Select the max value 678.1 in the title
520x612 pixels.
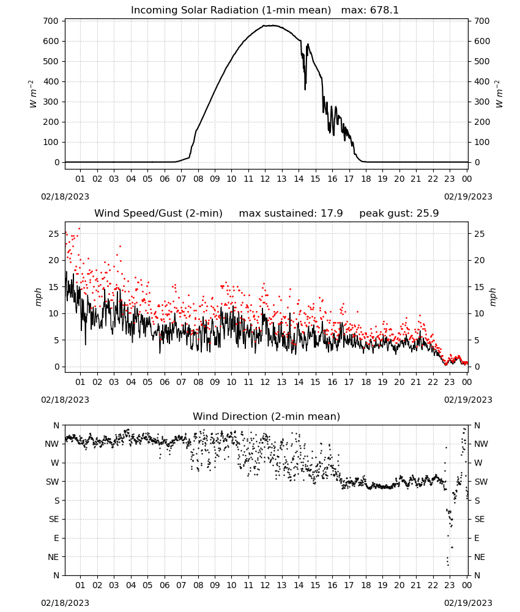[x=384, y=10]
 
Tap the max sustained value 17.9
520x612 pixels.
[x=332, y=213]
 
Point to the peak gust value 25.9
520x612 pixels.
[x=428, y=213]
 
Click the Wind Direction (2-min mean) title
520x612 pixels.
[x=267, y=416]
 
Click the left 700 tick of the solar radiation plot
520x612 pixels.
[x=51, y=21]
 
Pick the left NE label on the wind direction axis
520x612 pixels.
[x=53, y=557]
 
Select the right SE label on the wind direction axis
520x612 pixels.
[x=480, y=519]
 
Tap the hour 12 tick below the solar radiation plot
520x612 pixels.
[x=265, y=179]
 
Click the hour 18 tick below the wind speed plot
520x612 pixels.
[x=365, y=382]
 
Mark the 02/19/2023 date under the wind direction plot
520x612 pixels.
[x=468, y=603]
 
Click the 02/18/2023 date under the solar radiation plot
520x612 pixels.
[x=65, y=196]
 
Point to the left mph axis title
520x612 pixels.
[x=38, y=297]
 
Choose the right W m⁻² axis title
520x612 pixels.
[x=500, y=94]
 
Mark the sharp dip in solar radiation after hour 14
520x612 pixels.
[x=305, y=89]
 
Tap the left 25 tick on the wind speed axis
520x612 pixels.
[x=54, y=234]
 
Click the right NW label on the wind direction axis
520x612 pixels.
[x=481, y=444]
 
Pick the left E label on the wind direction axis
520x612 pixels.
[x=56, y=538]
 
